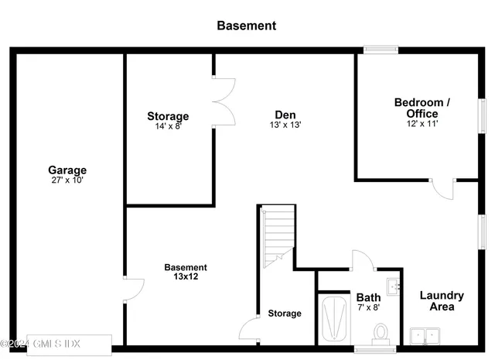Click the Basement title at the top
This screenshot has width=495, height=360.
pos(246,26)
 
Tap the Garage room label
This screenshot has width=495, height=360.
pos(67,170)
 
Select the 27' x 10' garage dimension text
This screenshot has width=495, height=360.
pos(67,180)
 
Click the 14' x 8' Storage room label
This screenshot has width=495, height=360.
pos(168,117)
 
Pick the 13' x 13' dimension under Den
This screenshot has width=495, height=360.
pos(285,125)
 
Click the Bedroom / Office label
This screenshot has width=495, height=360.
pos(422,108)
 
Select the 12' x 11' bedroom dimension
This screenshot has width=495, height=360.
pos(422,123)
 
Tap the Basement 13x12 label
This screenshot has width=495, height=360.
pos(186,272)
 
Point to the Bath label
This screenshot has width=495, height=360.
pos(367,297)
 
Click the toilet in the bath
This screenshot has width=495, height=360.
pos(380,332)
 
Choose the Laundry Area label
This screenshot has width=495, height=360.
pos(442,300)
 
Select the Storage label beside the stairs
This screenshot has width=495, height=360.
pos(285,314)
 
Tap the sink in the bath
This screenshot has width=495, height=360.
pos(394,286)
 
